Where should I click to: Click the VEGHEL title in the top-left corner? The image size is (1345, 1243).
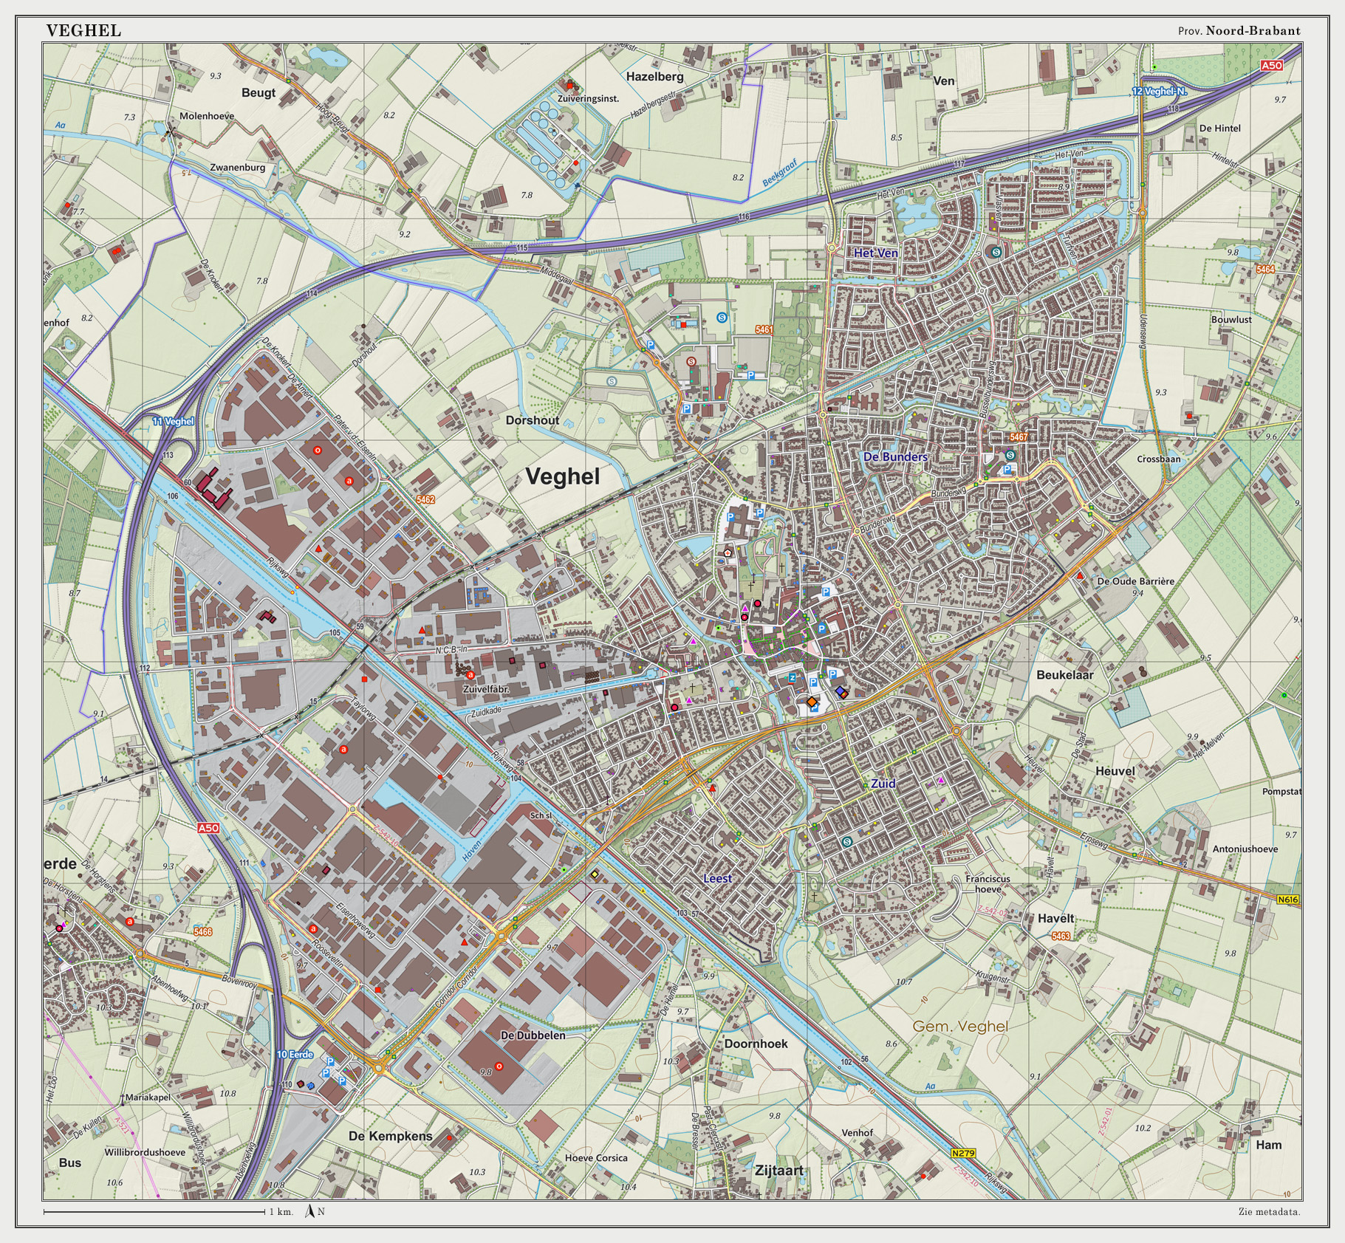pyautogui.click(x=83, y=30)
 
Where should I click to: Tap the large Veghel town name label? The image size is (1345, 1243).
pyautogui.click(x=562, y=476)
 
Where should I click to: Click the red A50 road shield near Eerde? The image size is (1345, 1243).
pyautogui.click(x=208, y=828)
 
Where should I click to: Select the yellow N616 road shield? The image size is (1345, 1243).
pyautogui.click(x=1287, y=900)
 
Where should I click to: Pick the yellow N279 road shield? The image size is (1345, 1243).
pyautogui.click(x=963, y=1153)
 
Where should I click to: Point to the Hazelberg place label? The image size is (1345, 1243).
pyautogui.click(x=654, y=76)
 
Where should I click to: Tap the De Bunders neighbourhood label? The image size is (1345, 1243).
pyautogui.click(x=895, y=456)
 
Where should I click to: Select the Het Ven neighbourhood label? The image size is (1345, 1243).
pyautogui.click(x=876, y=253)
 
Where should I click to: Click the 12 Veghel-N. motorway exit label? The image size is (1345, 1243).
pyautogui.click(x=1159, y=92)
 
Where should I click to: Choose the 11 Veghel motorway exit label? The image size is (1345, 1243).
pyautogui.click(x=173, y=421)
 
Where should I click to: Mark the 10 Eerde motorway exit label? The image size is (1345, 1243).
pyautogui.click(x=295, y=1054)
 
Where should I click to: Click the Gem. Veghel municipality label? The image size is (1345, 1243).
pyautogui.click(x=959, y=1026)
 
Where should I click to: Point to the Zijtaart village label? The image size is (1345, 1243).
pyautogui.click(x=778, y=1170)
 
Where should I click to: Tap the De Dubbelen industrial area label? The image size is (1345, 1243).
pyautogui.click(x=533, y=1035)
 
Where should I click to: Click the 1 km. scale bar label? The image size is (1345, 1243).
pyautogui.click(x=281, y=1211)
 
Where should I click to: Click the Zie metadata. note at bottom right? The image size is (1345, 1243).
pyautogui.click(x=1269, y=1211)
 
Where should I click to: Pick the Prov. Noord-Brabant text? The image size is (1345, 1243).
pyautogui.click(x=1239, y=30)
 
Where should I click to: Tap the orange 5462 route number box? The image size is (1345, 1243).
pyautogui.click(x=425, y=500)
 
